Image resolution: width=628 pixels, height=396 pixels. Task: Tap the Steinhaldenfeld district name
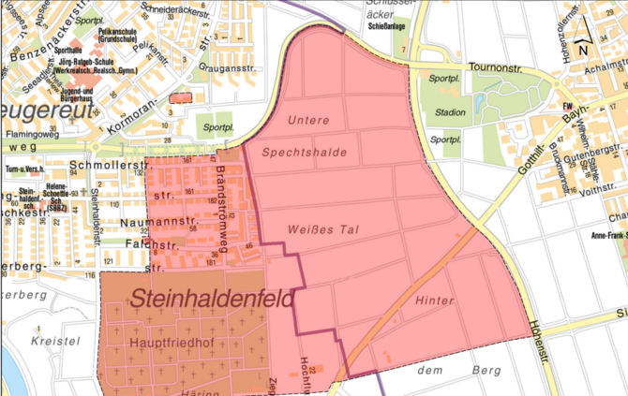(x=212, y=300)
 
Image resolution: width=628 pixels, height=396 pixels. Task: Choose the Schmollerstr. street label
(x=103, y=170)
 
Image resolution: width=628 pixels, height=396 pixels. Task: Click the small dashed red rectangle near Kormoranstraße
(x=179, y=97)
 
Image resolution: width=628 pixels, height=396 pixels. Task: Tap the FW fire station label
(x=566, y=106)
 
